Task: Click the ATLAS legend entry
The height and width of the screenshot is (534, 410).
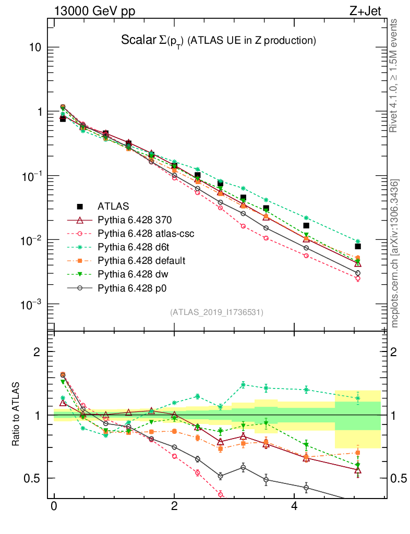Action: tap(115, 206)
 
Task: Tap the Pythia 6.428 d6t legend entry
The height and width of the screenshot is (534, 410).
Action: tap(135, 247)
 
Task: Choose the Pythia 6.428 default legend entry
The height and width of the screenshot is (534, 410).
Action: tap(142, 260)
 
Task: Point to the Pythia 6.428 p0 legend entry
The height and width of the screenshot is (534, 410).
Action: tap(133, 287)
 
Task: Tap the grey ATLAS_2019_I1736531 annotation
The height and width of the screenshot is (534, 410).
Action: tap(216, 312)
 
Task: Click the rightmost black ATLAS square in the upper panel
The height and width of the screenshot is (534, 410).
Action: tap(358, 246)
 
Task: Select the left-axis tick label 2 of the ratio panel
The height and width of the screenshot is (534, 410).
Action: tap(37, 351)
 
